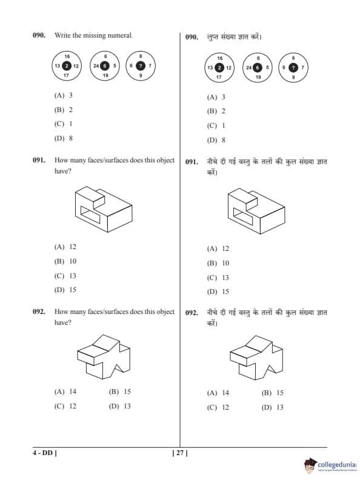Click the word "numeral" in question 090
(x=120, y=36)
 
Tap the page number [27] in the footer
(x=180, y=453)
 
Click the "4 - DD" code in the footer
(x=45, y=453)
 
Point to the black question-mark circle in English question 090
(x=141, y=66)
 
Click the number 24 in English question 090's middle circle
(x=96, y=66)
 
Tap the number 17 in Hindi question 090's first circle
(x=219, y=77)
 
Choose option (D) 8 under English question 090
(x=64, y=138)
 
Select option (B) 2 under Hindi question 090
(x=216, y=111)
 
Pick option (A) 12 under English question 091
(x=65, y=247)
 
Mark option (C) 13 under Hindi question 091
(x=218, y=278)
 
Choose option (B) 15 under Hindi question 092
(x=273, y=393)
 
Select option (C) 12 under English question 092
(x=65, y=406)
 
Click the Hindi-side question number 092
(x=192, y=313)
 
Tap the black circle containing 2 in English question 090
(x=67, y=66)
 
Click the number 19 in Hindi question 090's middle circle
(x=258, y=77)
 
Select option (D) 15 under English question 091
(x=65, y=290)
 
